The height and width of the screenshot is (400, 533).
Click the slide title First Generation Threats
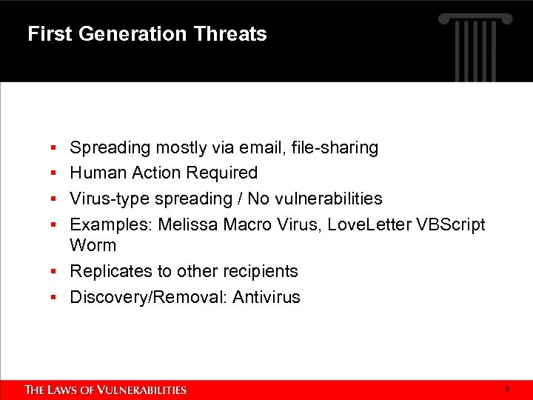click(147, 34)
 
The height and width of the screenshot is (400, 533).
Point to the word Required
click(222, 173)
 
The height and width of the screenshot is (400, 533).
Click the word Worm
click(93, 245)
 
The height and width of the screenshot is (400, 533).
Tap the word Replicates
click(108, 271)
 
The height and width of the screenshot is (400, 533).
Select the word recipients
click(259, 271)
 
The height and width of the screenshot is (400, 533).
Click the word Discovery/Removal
click(148, 297)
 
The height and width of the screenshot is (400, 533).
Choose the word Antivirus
click(266, 297)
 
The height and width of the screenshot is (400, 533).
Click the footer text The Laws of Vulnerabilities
click(106, 390)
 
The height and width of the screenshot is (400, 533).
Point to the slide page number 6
click(507, 389)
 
